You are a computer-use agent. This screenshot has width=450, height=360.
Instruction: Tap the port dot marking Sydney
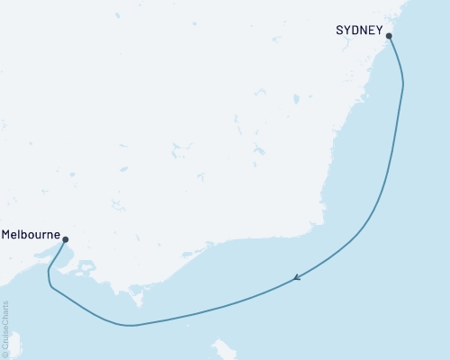click(x=389, y=36)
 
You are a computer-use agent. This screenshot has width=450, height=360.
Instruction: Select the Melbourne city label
click(x=31, y=235)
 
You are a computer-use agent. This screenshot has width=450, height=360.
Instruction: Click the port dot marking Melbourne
click(x=65, y=238)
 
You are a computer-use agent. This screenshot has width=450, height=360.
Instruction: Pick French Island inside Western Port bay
click(x=86, y=266)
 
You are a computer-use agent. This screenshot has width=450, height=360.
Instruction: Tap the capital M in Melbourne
click(x=7, y=235)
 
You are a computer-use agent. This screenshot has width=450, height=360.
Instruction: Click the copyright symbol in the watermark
click(x=6, y=355)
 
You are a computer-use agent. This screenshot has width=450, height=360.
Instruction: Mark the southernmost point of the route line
click(x=130, y=325)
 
